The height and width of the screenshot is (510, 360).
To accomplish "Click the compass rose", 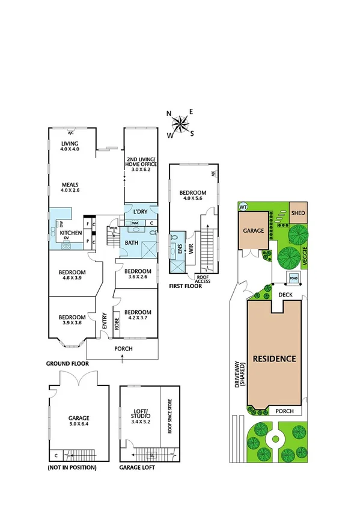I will click(180, 124).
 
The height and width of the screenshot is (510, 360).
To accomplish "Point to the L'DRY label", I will click(140, 212).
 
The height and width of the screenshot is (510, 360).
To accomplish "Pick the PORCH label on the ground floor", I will click(123, 349).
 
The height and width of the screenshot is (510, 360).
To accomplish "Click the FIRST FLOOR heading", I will click(185, 286).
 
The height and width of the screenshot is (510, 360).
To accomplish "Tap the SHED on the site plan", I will click(298, 213).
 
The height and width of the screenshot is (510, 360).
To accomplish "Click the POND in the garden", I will click(294, 278).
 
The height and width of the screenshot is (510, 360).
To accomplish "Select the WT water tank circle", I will click(243, 206).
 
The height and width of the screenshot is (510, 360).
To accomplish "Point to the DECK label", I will click(285, 294).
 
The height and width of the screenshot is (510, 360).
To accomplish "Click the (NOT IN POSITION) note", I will click(72, 467).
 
